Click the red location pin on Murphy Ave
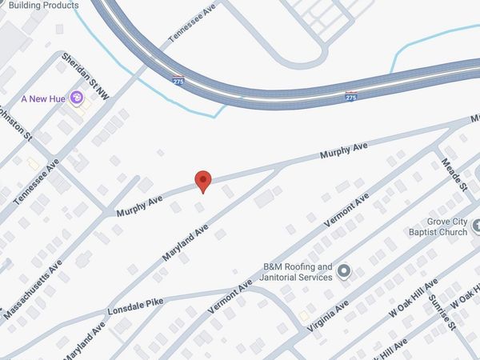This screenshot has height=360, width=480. [x=203, y=181]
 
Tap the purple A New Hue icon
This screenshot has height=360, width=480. [x=77, y=98]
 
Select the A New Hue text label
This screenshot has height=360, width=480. [x=42, y=98]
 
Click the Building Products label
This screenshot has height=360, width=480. [x=41, y=5]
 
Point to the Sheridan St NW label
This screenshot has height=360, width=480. [x=86, y=78]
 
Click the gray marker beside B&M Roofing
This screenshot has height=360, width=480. [x=345, y=271]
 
